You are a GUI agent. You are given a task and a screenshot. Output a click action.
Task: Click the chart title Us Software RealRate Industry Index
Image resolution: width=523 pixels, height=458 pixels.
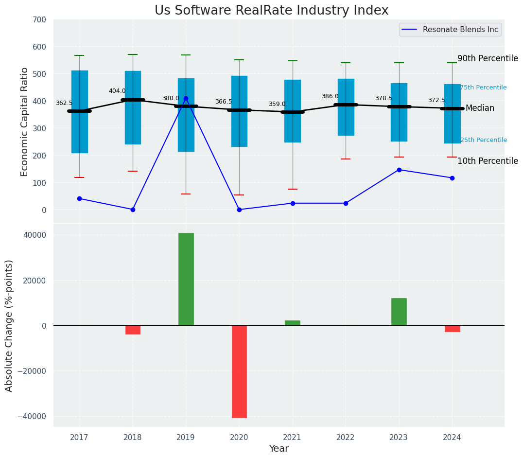point(271,11)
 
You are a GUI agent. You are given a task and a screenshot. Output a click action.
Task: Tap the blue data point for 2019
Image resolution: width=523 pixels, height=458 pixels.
point(186,99)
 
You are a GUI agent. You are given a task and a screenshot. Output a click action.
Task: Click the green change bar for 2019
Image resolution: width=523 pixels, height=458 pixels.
point(186,279)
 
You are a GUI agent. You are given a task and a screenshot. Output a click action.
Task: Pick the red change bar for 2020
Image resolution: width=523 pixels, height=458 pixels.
point(239,371)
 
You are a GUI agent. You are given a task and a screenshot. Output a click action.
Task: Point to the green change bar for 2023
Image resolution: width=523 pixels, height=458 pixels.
point(399,312)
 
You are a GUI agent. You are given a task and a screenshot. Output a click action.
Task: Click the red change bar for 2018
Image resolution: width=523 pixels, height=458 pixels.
point(133,330)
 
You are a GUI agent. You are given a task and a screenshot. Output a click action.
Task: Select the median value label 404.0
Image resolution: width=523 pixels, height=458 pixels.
point(117,91)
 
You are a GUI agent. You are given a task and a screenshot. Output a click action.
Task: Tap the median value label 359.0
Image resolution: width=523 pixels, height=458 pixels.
point(277,104)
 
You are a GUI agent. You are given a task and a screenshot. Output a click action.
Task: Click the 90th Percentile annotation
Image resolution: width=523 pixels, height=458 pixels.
point(488,58)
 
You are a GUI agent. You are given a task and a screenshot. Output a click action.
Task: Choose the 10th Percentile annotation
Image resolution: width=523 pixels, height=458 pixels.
point(488,161)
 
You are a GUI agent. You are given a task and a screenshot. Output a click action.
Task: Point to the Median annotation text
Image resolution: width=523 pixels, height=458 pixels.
point(480,108)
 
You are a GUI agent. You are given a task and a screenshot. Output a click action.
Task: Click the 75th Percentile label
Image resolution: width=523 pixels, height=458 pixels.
point(483,88)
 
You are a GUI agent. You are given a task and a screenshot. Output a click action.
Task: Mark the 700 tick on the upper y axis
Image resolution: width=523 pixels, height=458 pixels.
point(39,20)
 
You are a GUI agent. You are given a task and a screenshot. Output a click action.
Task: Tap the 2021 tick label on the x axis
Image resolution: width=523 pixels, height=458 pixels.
point(292,437)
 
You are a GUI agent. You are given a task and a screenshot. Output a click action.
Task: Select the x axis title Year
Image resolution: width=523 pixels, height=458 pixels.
point(279,449)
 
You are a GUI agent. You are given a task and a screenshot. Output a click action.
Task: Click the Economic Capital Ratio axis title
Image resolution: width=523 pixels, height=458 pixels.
point(25,122)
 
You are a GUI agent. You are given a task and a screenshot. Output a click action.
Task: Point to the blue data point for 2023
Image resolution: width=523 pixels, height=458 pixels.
point(399,170)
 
